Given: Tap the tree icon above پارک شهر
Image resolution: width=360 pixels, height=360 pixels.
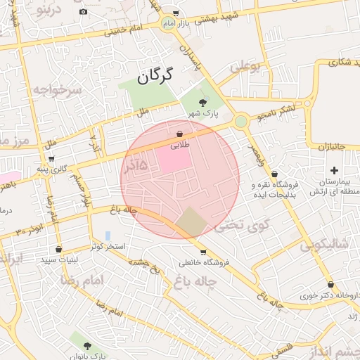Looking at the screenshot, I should coord(203,103).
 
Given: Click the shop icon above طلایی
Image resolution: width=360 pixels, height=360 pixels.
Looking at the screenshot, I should coord(180,134).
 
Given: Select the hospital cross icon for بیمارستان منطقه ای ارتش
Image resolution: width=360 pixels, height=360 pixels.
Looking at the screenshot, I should coord(334,171).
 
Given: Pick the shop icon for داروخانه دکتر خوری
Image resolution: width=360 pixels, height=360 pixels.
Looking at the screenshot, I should coord(330,285).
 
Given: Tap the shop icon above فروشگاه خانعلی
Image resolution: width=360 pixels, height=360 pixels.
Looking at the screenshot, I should coord(203,252).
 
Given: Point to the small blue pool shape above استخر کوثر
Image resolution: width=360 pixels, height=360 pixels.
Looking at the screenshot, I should coord(108,235).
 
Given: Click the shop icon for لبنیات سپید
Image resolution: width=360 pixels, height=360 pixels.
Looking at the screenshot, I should coord(58,249).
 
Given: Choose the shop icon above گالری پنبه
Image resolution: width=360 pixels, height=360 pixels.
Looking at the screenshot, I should coord(51,158).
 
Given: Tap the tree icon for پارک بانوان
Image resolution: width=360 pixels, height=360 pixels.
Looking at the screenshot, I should coord(87,346).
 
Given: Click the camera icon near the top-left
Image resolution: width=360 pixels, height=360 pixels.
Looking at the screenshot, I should coord(84,12).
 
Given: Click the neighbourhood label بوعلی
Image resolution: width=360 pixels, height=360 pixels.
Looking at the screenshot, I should coord(245,67).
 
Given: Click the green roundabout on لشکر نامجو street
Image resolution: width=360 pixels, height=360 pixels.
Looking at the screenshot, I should coord(241,122).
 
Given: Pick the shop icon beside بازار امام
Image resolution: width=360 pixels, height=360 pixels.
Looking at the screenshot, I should coord(176,13).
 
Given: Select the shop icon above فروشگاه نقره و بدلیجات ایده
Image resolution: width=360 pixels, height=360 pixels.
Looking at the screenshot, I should coord(274,174).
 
